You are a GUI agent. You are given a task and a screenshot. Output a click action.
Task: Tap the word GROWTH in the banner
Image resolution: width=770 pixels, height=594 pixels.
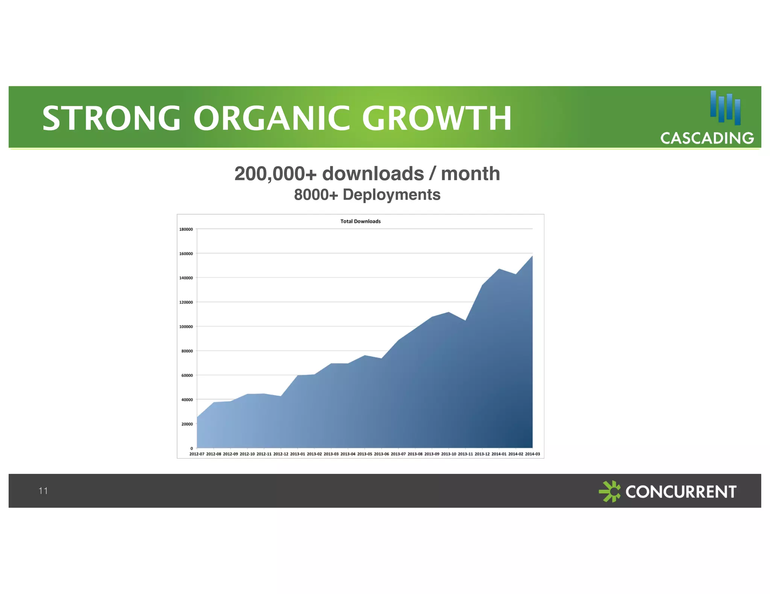point(437,119)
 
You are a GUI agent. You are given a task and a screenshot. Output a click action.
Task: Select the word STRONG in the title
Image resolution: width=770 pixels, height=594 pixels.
point(111,119)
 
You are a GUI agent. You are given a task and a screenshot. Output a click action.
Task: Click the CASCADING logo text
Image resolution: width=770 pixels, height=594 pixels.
point(707,138)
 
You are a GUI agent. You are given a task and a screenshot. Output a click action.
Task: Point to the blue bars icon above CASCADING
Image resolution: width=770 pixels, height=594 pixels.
point(725,108)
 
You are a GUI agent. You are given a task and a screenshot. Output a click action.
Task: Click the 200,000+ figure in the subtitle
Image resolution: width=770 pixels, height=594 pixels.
point(275,174)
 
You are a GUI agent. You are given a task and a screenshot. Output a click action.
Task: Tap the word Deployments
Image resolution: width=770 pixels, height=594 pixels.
point(391,195)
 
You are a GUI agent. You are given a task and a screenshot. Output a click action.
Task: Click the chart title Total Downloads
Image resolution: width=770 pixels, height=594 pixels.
point(360,221)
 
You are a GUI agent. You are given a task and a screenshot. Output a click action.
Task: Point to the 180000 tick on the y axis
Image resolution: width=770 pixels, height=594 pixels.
point(186,229)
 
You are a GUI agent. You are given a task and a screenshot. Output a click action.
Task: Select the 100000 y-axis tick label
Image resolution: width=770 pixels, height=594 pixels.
point(186,327)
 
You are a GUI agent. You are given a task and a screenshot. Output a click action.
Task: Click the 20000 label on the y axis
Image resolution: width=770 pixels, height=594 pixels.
point(187,424)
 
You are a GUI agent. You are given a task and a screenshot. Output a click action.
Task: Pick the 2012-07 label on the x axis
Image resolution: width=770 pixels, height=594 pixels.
point(197,454)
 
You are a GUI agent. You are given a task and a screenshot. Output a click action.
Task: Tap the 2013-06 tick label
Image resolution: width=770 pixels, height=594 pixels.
point(381,454)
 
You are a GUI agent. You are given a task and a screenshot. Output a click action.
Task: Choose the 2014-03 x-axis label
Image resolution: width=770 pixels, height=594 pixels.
point(532,454)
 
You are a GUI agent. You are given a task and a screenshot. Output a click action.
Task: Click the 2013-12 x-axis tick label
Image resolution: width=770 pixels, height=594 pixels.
point(482,454)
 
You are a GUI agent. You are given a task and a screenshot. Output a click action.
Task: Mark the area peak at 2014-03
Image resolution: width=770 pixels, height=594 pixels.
point(532,256)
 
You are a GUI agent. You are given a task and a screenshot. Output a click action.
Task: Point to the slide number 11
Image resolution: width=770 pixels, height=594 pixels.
point(43,490)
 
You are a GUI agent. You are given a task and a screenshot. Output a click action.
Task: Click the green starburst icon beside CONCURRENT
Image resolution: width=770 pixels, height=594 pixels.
point(609,491)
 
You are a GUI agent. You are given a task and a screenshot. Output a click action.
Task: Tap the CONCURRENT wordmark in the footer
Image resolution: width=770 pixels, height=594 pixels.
point(681,491)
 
